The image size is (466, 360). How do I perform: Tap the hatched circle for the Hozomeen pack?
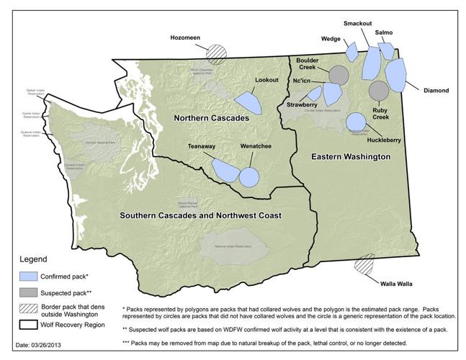216,52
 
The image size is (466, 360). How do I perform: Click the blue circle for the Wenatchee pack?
250,176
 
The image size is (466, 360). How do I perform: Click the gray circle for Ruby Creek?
379,90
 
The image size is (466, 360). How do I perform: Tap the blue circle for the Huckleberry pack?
357,122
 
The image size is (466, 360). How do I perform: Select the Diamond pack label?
436,91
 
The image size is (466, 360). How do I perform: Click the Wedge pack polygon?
351,52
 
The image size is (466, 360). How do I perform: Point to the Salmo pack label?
384,32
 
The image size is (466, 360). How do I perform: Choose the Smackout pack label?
358,22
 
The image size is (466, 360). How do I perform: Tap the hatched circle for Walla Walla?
364,264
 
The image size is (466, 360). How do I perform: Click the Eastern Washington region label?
350,156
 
